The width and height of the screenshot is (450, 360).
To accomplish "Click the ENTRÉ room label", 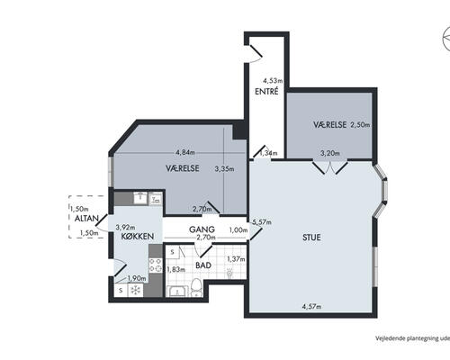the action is coord(266,91).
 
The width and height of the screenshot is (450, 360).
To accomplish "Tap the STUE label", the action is coord(311,238).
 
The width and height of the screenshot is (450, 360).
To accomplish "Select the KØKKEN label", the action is coord(138,236).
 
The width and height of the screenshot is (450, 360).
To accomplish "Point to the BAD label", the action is coord(203,265).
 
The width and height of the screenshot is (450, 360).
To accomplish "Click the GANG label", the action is coord(202,229).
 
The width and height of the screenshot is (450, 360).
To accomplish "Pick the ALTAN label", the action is coord(86,219).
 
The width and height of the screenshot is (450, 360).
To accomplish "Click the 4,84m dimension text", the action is coord(185,152).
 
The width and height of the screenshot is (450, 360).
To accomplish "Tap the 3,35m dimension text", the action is coord(224,169).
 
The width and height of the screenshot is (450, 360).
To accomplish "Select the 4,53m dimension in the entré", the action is coord(273,81).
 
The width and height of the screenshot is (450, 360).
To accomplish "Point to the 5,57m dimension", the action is coord(262,222).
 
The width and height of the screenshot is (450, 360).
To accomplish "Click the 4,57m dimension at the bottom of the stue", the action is coord(311,307).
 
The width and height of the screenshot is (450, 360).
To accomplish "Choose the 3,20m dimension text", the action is coord(330,153).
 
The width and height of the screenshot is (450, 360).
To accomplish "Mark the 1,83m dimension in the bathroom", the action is coord(176,269).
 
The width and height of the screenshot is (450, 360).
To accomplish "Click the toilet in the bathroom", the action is coord(196,287).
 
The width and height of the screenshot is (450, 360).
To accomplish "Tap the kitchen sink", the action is coord(139,198).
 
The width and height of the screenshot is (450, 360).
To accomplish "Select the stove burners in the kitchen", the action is coord(156,265).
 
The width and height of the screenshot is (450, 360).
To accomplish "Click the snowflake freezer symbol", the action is coord(136,290).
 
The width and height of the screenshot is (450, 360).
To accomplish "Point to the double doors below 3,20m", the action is coord(330,167).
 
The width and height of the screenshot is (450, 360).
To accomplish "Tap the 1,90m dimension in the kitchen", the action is coord(137,279).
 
